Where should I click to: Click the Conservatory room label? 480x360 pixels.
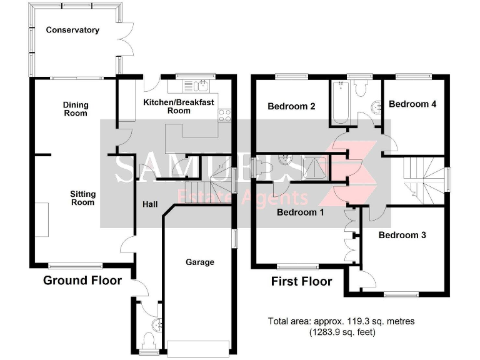(72, 30)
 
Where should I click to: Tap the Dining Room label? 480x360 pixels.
(76, 109)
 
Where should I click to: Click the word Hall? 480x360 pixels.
(151, 204)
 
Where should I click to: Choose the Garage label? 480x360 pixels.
(199, 262)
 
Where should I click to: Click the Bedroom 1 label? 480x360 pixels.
(301, 212)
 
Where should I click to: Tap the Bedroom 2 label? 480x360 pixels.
(291, 106)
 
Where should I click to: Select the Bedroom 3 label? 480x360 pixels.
(402, 236)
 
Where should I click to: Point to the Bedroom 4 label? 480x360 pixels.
(412, 104)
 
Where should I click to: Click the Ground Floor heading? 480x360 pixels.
(82, 281)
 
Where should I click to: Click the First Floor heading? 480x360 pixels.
(301, 282)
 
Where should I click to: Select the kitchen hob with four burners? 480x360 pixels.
(224, 115)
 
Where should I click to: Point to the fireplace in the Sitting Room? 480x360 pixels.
(42, 219)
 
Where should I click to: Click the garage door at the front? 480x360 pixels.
(198, 347)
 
